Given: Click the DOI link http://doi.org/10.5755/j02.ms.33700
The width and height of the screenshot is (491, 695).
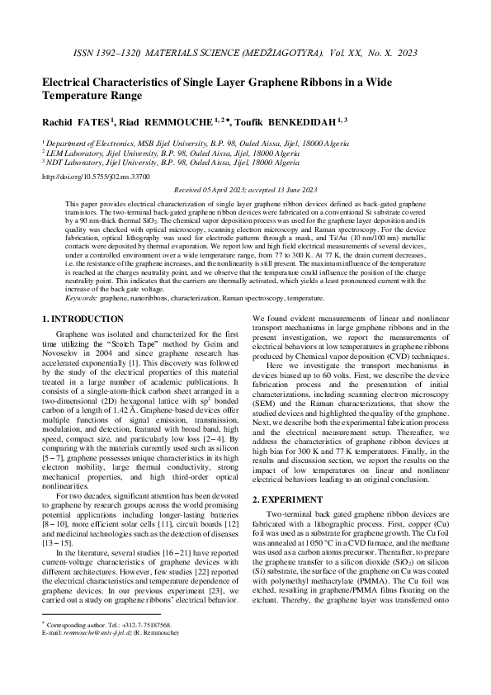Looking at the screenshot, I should point(96,176).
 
